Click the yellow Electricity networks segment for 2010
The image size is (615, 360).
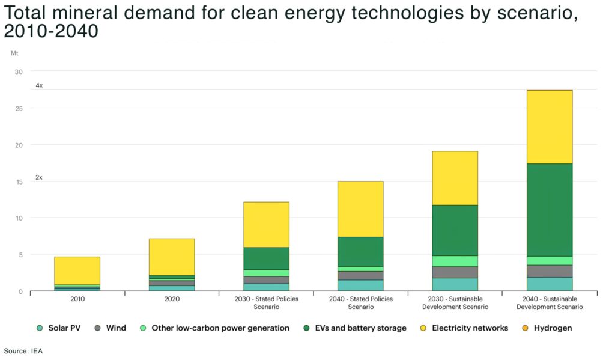77,270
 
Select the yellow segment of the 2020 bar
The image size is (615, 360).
171,257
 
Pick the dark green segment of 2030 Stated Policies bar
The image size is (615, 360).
266,258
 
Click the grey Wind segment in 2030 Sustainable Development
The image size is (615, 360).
455,272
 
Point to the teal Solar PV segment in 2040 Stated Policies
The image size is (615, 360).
360,285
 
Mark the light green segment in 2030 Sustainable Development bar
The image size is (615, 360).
455,261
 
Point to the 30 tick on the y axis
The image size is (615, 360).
19,72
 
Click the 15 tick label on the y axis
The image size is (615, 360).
19,182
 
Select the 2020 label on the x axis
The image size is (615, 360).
171,299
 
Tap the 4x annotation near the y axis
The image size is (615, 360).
39,86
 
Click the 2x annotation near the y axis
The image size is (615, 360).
39,178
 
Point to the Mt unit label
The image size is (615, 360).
14,53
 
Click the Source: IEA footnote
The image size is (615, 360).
23,350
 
